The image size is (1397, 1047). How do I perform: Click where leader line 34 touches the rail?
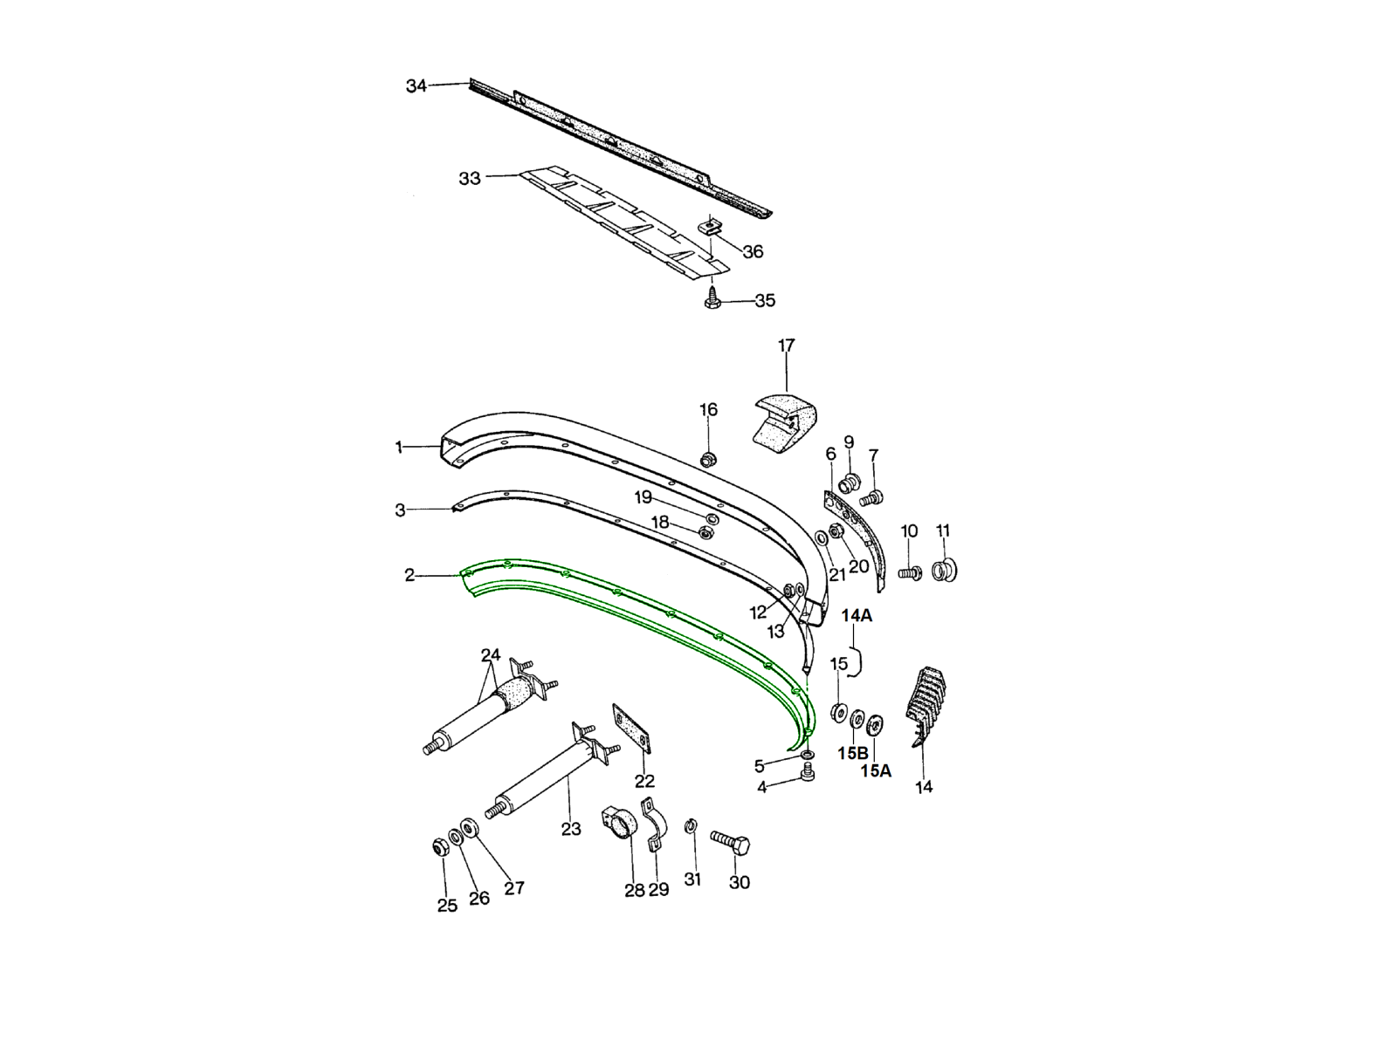470,83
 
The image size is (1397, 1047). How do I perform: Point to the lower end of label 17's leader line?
788,391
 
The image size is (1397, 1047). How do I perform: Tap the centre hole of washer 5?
808,754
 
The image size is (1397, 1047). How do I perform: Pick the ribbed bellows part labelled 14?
926,706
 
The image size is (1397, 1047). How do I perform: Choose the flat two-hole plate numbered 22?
631,729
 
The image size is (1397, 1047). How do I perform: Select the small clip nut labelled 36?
712,226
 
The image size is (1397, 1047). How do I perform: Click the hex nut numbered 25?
438,847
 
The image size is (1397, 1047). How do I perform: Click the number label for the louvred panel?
470,179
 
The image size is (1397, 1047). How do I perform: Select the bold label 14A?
857,615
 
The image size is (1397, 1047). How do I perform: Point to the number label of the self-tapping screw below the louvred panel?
765,301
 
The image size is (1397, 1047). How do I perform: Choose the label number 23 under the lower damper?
571,829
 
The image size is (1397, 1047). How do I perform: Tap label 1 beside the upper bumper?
399,448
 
